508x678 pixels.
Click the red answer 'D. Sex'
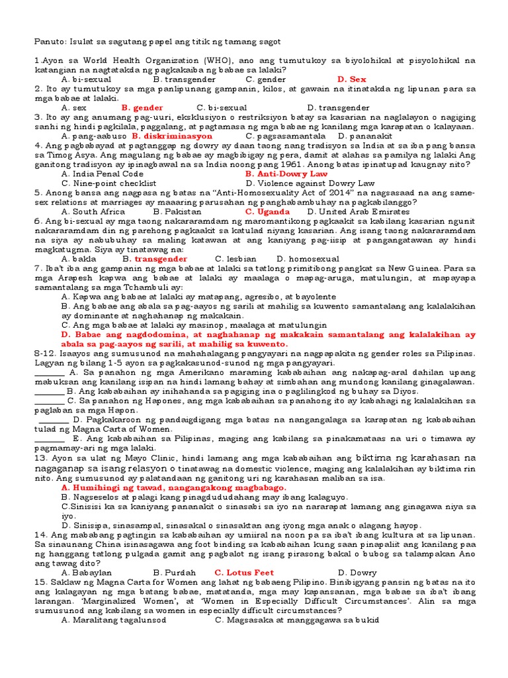(x=351, y=79)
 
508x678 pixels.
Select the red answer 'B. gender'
(x=142, y=107)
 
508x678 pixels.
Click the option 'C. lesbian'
(x=236, y=259)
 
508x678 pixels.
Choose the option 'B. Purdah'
(x=175, y=572)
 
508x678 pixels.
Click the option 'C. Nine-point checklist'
(x=108, y=183)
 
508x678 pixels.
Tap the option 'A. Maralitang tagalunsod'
(x=113, y=620)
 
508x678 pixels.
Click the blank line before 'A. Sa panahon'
(x=50, y=372)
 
